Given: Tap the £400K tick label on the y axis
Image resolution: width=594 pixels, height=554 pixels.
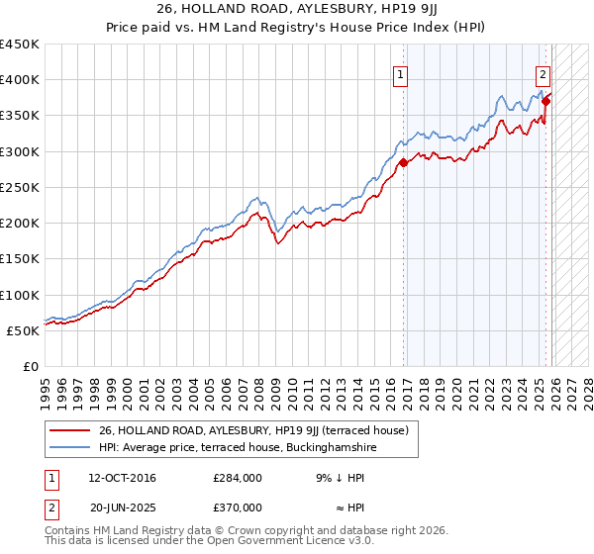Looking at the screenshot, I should tap(20, 80).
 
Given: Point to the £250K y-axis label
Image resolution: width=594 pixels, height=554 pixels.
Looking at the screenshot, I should tap(20, 187).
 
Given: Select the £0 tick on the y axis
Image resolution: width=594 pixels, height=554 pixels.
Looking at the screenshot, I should tap(32, 366).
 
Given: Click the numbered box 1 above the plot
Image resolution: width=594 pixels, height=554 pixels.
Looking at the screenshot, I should tap(401, 73).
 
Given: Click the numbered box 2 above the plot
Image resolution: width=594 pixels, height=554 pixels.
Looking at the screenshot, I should tap(544, 73).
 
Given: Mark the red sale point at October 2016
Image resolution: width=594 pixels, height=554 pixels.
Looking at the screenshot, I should tap(403, 163).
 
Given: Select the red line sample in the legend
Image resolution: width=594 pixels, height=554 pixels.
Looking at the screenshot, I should tap(69, 429).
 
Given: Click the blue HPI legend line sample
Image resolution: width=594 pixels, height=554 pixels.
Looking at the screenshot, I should tap(69, 447).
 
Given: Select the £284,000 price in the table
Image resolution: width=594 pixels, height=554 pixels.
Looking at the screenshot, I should tap(238, 478).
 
